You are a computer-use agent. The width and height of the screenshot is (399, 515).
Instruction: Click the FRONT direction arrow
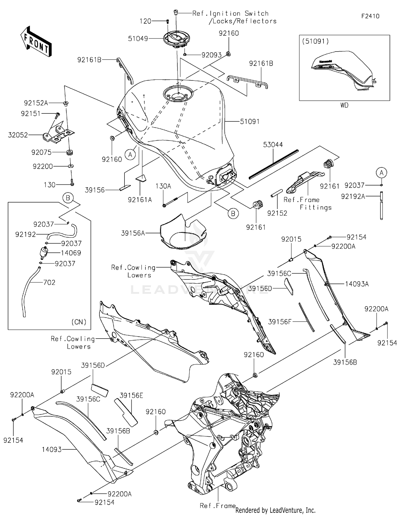pyautogui.click(x=36, y=42)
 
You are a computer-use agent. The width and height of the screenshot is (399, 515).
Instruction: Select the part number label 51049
pyautogui.click(x=138, y=39)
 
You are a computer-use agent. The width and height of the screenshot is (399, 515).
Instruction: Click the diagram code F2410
pyautogui.click(x=370, y=16)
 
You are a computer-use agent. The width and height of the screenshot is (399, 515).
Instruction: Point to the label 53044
pyautogui.click(x=273, y=145)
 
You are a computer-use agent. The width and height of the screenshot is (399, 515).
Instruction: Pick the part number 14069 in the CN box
pyautogui.click(x=71, y=253)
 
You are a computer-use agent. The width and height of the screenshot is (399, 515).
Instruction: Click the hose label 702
pyautogui.click(x=49, y=282)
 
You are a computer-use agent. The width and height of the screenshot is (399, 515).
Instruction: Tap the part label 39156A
pyautogui.click(x=133, y=233)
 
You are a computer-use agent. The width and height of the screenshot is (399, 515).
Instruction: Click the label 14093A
pyautogui.click(x=357, y=284)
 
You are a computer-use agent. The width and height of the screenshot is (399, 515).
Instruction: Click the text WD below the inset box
pyautogui.click(x=344, y=105)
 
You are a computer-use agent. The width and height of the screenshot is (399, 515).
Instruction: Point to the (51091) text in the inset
pyautogui.click(x=315, y=41)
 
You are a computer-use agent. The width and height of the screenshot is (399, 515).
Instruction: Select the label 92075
pyautogui.click(x=41, y=153)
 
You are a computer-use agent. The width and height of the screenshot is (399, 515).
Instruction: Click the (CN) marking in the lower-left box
pyautogui.click(x=79, y=322)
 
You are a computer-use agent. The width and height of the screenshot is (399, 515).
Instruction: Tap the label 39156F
pyautogui.click(x=280, y=322)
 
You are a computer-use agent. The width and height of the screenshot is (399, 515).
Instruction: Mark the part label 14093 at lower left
pyautogui.click(x=52, y=450)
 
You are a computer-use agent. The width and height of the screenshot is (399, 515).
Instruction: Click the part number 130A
pyautogui.click(x=163, y=186)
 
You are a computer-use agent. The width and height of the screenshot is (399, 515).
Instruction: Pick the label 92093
pyautogui.click(x=211, y=55)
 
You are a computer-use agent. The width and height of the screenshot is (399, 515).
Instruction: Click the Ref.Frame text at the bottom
pyautogui.click(x=218, y=506)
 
